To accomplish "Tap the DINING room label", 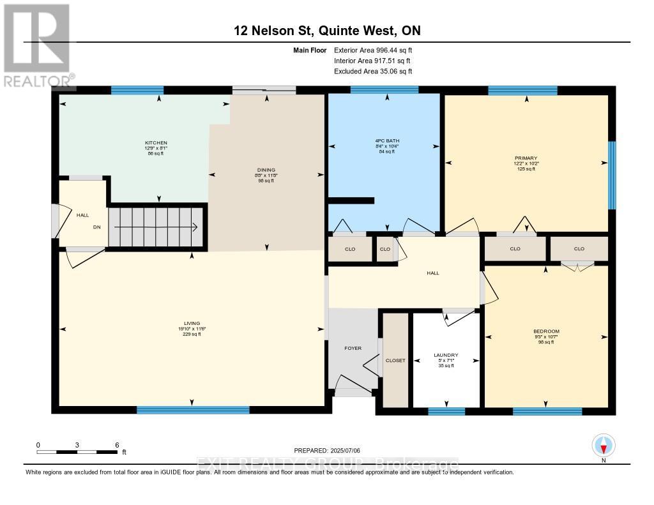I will point(266,170).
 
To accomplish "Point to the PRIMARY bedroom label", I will point(526,158).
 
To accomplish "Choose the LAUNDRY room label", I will point(445,355).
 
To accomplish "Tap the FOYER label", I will point(353,348).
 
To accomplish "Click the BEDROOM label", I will point(546,331).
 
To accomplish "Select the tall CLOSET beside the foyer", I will point(395,360).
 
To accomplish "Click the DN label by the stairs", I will point(96,227).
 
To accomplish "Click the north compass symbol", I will point(603,445).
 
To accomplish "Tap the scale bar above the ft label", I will point(77,452).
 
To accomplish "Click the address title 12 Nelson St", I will point(326,31).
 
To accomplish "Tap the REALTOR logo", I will point(37,45).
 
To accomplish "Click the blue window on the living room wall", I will point(192,410).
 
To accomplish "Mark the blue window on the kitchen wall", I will point(137,90).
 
